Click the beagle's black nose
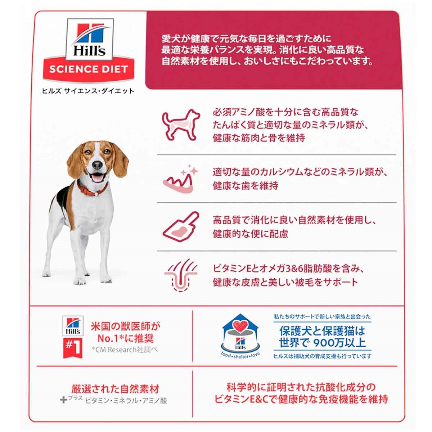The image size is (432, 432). (97, 166)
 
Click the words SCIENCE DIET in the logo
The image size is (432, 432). (89, 69)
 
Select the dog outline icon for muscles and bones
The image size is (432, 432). (181, 125)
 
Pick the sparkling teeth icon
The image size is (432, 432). (181, 179)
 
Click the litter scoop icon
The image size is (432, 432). (181, 227)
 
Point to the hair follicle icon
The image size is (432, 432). (181, 275)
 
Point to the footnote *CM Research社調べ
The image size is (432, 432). (125, 350)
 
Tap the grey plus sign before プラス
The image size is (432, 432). (64, 400)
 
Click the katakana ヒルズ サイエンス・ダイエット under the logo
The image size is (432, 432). (88, 91)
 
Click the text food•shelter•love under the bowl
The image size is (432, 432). (240, 356)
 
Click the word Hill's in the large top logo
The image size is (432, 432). (89, 51)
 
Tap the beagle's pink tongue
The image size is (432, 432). (97, 180)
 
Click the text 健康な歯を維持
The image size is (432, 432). (246, 186)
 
